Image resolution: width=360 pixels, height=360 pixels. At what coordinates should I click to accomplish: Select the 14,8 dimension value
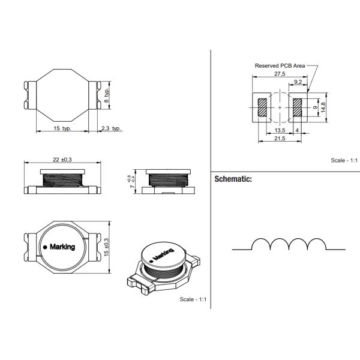(323, 108)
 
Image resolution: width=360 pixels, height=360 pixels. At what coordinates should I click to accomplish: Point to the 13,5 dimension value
(280, 130)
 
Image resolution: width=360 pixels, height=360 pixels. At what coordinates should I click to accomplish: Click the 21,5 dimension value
(280, 139)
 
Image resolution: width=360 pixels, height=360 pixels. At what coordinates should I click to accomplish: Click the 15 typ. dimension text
(62, 128)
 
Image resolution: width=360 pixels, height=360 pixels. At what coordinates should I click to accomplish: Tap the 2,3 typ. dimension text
(111, 128)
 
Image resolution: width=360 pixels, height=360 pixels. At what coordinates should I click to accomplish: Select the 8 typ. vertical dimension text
(107, 95)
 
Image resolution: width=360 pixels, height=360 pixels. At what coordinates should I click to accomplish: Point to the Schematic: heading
(233, 179)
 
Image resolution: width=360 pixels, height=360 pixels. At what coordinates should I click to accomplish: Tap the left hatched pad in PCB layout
(263, 108)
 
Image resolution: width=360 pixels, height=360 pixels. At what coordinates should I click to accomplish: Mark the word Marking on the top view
(62, 247)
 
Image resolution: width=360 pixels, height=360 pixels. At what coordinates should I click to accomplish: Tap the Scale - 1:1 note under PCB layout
(344, 160)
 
